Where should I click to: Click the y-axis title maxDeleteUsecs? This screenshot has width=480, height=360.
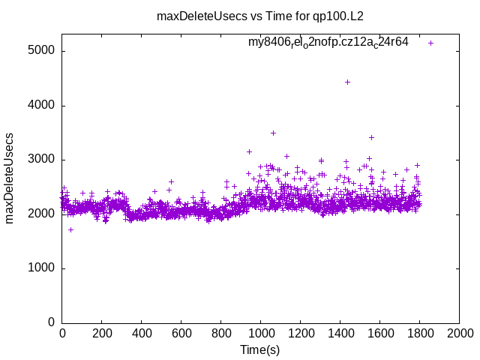pyautogui.click(x=10, y=178)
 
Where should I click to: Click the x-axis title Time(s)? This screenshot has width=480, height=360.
pyautogui.click(x=259, y=349)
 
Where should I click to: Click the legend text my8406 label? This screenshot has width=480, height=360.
pyautogui.click(x=328, y=42)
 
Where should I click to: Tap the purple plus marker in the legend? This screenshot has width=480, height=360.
pyautogui.click(x=430, y=43)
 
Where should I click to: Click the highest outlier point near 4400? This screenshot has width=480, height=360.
pyautogui.click(x=347, y=82)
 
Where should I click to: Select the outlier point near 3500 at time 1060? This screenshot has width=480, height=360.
pyautogui.click(x=273, y=133)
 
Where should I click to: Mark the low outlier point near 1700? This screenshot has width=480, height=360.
pyautogui.click(x=70, y=229)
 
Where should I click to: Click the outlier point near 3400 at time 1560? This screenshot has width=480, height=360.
pyautogui.click(x=371, y=137)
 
